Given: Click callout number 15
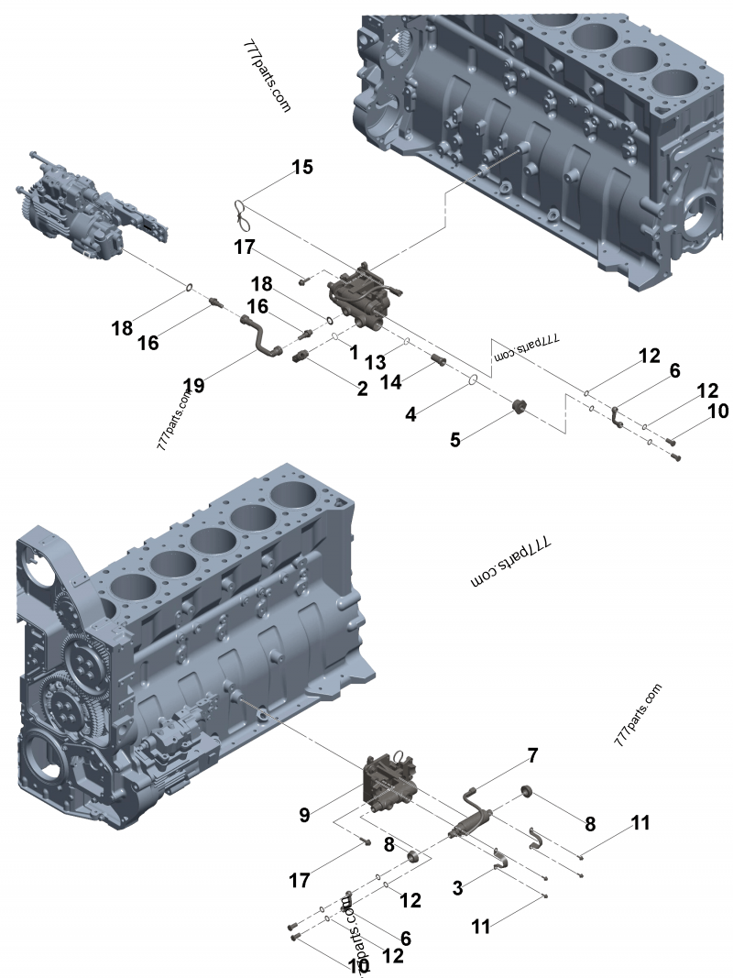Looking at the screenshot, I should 302,167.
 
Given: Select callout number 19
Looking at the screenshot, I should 192,385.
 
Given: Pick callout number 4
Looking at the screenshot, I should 410,413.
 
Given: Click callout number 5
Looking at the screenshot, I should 454,439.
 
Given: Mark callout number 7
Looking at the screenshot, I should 531,756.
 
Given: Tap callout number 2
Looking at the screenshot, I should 363,389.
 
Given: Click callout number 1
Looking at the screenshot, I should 353,351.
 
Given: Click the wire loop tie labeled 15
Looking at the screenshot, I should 244,214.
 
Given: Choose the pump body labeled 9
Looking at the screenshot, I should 392,780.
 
